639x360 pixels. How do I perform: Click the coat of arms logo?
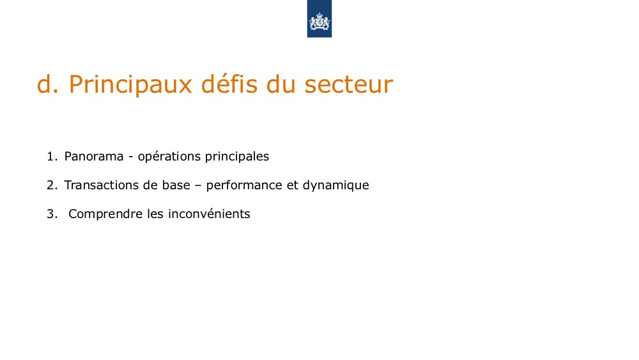319,19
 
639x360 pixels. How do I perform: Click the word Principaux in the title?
130,85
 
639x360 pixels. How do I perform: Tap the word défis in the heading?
229,84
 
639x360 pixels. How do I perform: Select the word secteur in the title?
348,84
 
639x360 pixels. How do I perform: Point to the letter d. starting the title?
48,84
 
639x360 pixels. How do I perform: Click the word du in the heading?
281,84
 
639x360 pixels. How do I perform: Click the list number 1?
52,156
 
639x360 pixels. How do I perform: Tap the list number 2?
52,185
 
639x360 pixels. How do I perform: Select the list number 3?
52,214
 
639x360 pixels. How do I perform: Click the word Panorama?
94,156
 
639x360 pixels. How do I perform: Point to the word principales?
237,157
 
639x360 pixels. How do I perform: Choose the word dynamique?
336,185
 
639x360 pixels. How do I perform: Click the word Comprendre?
105,214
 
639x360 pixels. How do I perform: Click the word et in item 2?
293,185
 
